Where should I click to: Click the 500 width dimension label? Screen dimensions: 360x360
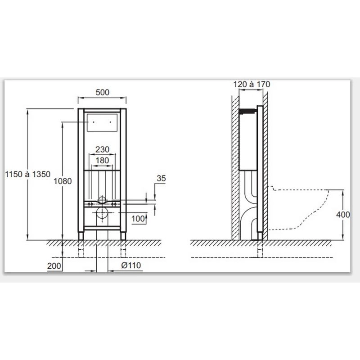pyautogui.click(x=103, y=92)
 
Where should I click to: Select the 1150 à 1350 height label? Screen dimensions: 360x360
pyautogui.click(x=28, y=174)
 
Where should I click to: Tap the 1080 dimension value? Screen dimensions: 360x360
pyautogui.click(x=63, y=181)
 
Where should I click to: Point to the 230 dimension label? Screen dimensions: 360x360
pyautogui.click(x=102, y=149)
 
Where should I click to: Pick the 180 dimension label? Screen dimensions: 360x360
pyautogui.click(x=102, y=160)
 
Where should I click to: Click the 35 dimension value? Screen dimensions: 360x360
pyautogui.click(x=161, y=178)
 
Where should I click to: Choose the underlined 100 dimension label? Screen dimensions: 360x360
pyautogui.click(x=138, y=219)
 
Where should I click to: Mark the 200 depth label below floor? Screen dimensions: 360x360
pyautogui.click(x=54, y=266)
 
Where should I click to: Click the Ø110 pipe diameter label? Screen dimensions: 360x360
pyautogui.click(x=131, y=265)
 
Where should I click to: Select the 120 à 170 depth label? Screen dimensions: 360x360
pyautogui.click(x=252, y=85)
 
